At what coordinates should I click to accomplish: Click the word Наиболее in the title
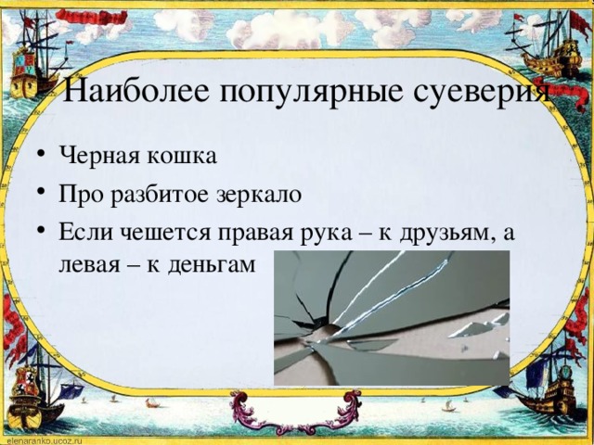[x=136, y=91]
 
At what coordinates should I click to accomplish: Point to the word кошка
[x=182, y=155]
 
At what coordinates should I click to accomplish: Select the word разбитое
[x=160, y=195]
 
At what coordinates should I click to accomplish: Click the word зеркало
[x=259, y=195]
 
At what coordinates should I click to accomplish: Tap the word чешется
[x=165, y=233]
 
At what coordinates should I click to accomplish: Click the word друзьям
[x=447, y=234]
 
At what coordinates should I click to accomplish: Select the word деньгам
[x=212, y=264]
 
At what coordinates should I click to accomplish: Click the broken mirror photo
[x=392, y=318]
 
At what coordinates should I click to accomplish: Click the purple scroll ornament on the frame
[x=295, y=412]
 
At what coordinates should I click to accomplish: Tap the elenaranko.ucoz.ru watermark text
[x=41, y=441]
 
